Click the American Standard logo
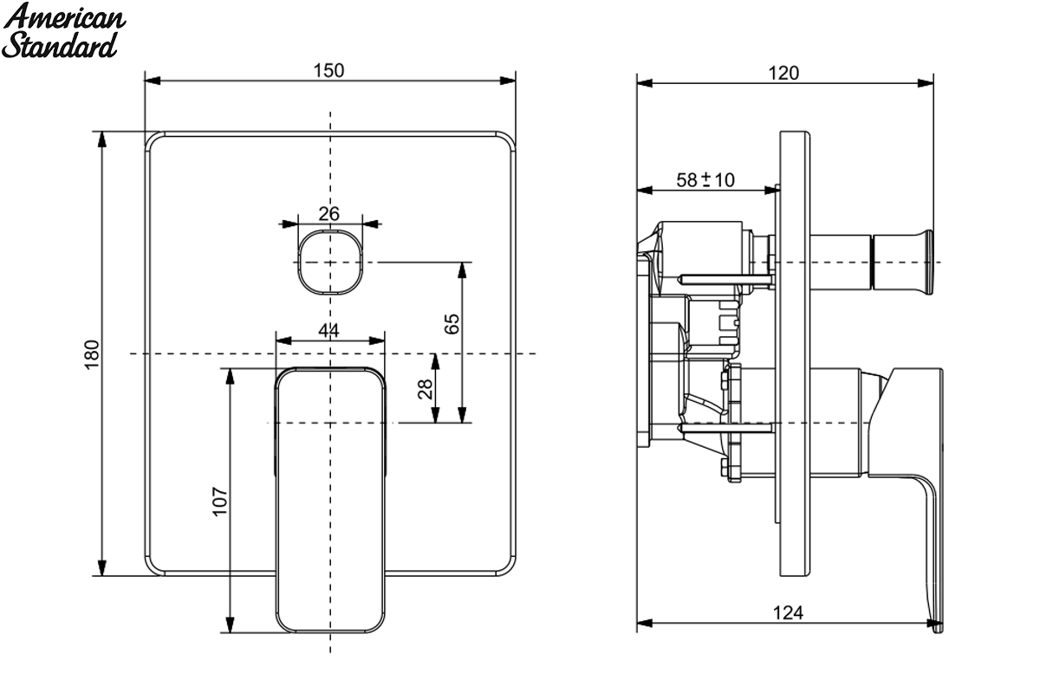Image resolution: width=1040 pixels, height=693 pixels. tap(63, 30)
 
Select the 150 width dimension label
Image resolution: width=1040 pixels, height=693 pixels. tap(328, 70)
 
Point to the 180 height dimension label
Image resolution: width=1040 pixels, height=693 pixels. tap(92, 354)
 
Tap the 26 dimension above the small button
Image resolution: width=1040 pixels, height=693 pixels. tap(328, 214)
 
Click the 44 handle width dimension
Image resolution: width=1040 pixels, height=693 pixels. tap(328, 331)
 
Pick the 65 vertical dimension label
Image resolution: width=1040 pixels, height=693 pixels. tap(452, 323)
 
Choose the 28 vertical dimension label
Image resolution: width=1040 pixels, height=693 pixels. tap(426, 389)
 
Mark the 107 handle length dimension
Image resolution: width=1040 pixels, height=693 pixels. tap(219, 502)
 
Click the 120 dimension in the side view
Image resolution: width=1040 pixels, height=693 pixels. tap(783, 74)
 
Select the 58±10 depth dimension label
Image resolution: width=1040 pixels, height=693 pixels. tap(705, 180)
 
